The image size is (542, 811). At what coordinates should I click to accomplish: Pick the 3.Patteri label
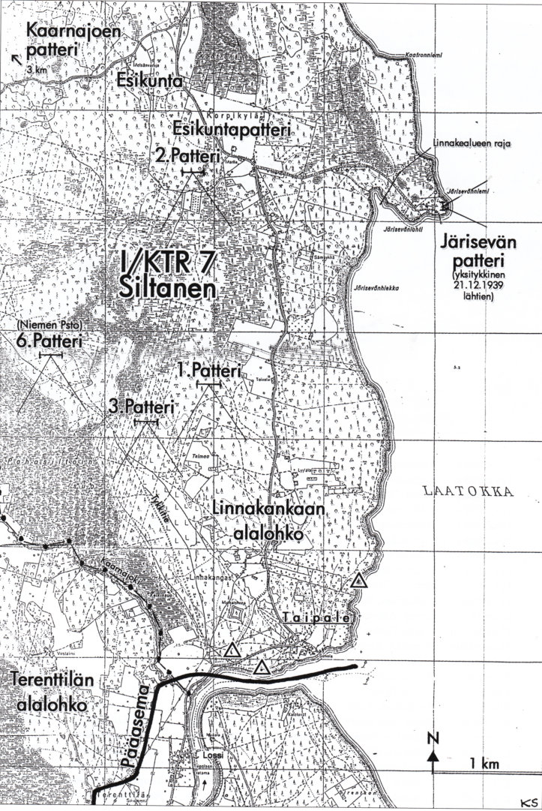pyautogui.click(x=142, y=407)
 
